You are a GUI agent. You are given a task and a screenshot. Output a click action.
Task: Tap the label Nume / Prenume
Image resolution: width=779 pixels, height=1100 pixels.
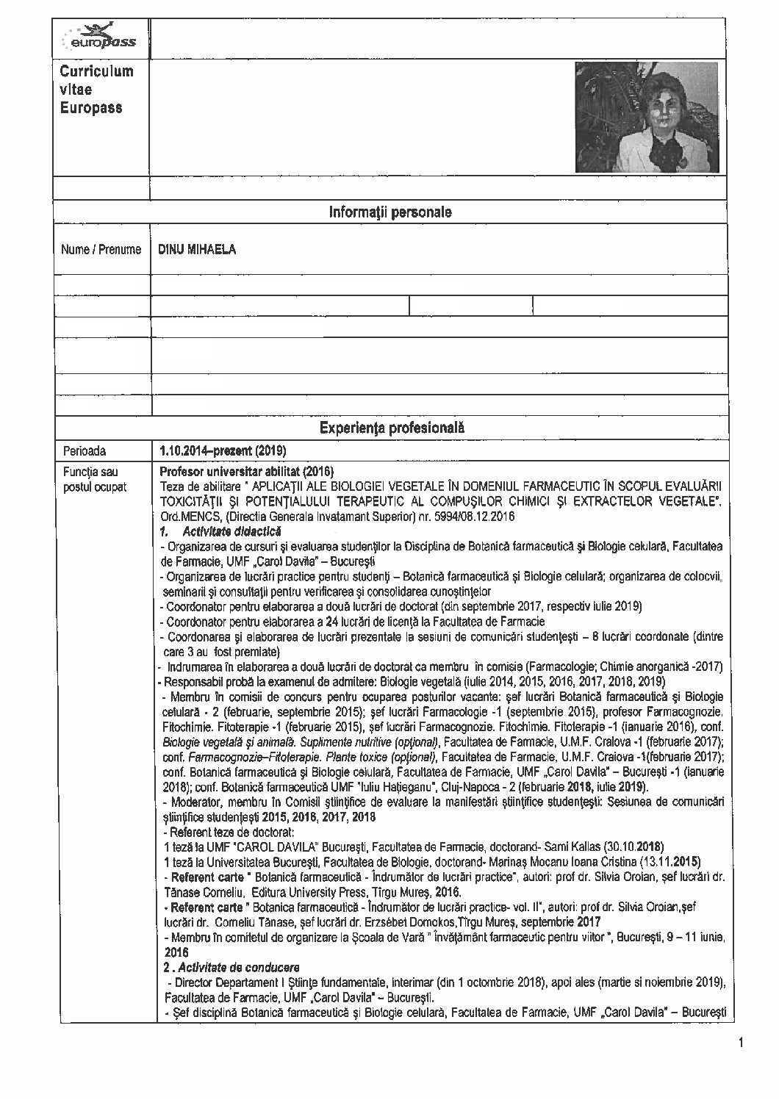(101, 249)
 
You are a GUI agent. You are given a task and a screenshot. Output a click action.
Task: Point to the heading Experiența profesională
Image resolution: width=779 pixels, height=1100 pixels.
(392, 428)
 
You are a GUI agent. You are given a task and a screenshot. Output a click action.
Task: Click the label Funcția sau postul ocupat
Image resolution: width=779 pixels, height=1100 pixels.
(94, 479)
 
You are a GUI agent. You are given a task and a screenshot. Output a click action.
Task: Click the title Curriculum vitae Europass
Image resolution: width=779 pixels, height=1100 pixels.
(92, 90)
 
